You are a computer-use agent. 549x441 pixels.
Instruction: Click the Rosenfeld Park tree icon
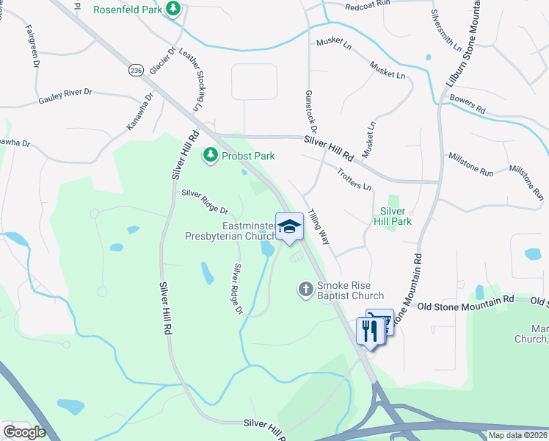pos(173,10)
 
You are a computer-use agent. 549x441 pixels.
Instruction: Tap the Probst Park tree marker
pos(211,156)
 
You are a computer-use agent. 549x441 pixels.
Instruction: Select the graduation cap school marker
pos(289,226)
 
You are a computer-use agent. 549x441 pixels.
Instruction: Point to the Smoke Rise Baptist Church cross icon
pos(307,290)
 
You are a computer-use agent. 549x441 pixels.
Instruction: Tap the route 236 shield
pos(134,70)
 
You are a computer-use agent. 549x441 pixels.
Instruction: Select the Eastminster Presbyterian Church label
pos(229,232)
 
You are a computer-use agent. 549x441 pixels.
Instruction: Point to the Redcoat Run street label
pos(367,4)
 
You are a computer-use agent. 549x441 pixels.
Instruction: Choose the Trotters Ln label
pos(355,179)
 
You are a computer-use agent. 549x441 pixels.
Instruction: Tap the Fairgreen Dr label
pos(32,46)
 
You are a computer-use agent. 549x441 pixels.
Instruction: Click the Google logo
pos(24,431)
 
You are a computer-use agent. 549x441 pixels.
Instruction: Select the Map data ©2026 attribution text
pos(518,435)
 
